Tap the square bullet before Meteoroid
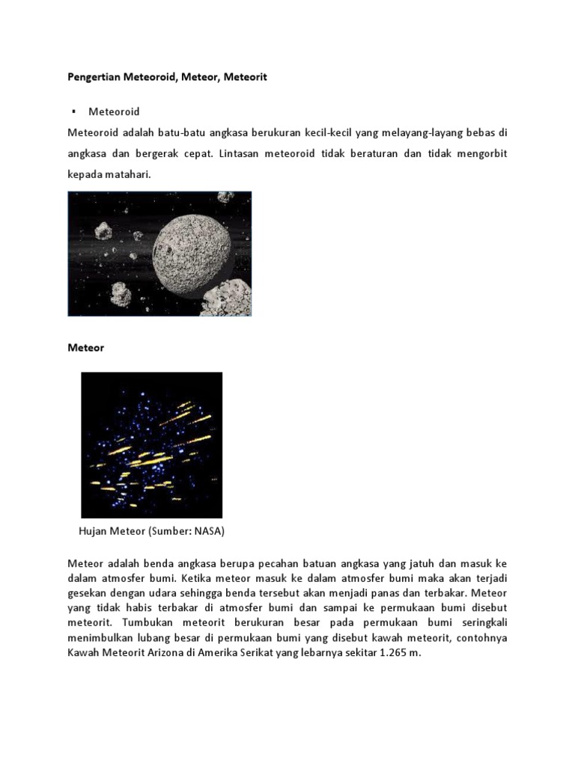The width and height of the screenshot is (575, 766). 74,111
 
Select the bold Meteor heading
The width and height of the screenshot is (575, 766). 86,348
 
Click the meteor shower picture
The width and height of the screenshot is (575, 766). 151,444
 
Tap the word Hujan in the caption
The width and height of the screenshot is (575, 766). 94,532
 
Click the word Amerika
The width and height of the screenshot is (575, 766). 234,652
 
